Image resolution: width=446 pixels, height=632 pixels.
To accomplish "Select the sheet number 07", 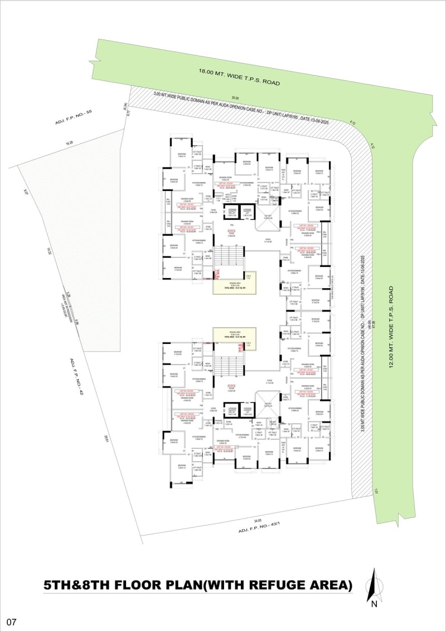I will coord(11,621).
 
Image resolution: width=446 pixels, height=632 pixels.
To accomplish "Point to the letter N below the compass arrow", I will coord(375,604).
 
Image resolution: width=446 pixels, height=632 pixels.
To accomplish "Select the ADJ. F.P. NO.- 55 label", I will coord(73,117).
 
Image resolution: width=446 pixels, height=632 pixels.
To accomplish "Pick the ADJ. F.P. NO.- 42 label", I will coord(76,377).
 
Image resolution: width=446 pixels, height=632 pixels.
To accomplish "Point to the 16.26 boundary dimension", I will coord(69,143).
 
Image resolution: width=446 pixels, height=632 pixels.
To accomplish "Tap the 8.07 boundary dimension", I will coord(26,192).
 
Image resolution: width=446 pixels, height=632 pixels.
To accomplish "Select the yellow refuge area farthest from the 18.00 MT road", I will coord(234,335).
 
